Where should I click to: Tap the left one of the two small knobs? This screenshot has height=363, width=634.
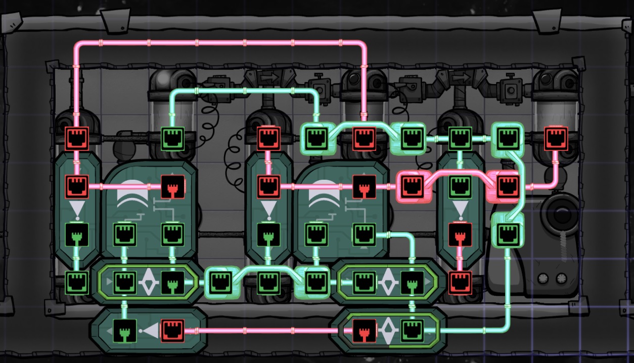coord(545,278)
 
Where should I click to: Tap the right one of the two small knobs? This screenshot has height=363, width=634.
coord(560,278)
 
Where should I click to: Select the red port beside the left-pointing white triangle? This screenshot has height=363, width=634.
coord(172,331)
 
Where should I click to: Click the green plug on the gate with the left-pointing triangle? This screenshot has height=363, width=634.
coord(124,331)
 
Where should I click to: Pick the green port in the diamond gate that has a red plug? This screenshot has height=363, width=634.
coord(412,331)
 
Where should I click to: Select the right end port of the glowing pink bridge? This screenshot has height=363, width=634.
coord(506,186)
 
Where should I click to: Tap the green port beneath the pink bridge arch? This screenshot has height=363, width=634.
coord(460,186)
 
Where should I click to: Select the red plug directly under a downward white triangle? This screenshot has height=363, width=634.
coord(460,235)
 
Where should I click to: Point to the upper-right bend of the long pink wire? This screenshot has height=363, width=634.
coord(363,44)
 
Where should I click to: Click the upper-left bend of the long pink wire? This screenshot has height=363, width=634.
coord(77,44)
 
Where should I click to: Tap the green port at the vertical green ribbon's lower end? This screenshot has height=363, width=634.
coord(507,234)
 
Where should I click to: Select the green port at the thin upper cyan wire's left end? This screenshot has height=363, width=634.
coord(172,137)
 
